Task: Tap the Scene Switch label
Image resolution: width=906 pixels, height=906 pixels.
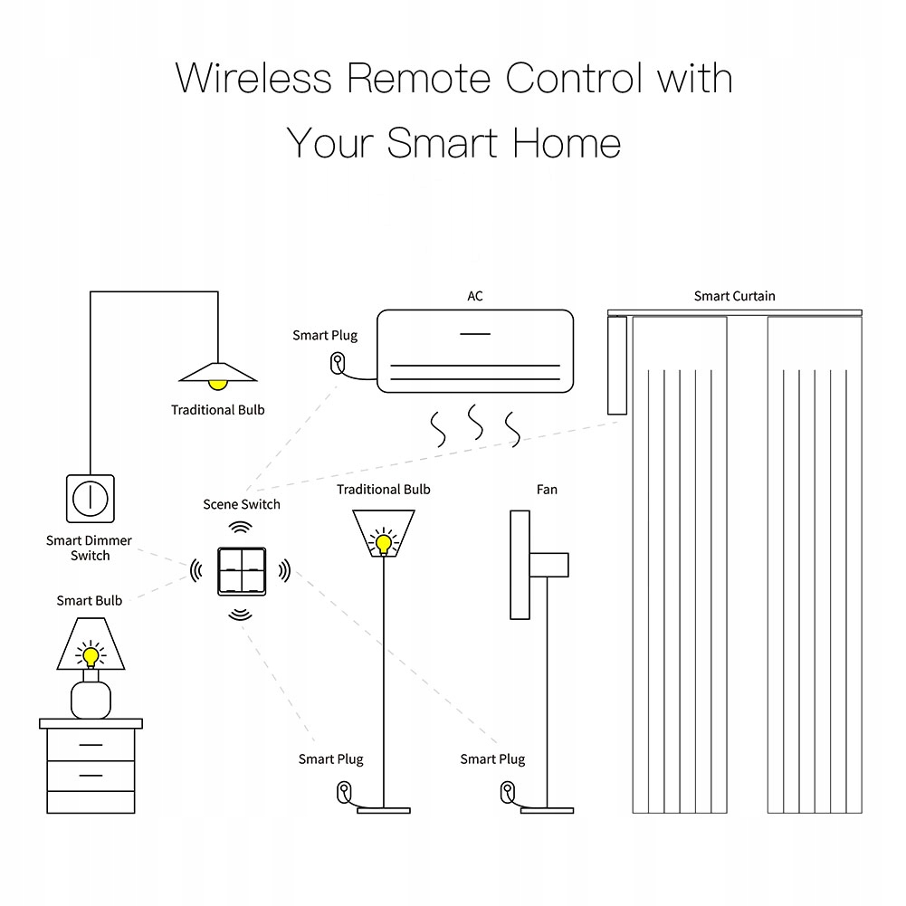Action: pyautogui.click(x=241, y=504)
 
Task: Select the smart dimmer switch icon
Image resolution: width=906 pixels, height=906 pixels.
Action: pyautogui.click(x=91, y=498)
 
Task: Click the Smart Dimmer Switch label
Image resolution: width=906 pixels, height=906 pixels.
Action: pyautogui.click(x=89, y=548)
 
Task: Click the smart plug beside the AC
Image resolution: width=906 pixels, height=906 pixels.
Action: pyautogui.click(x=337, y=363)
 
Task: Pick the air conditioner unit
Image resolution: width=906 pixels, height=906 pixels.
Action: pyautogui.click(x=475, y=351)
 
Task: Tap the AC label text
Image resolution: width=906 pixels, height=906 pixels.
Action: pyautogui.click(x=475, y=296)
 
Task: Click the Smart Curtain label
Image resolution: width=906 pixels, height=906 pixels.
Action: pyautogui.click(x=734, y=296)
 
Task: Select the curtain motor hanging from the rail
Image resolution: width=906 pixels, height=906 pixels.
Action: pyautogui.click(x=617, y=367)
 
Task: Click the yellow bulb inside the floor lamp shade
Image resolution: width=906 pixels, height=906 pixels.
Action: pyautogui.click(x=384, y=543)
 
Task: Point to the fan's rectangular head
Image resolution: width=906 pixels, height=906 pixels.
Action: pyautogui.click(x=520, y=565)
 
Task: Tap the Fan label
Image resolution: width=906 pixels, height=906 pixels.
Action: pyautogui.click(x=547, y=490)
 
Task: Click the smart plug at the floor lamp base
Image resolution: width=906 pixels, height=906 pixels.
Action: pyautogui.click(x=344, y=792)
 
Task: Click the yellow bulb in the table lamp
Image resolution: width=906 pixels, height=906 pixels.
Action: pyautogui.click(x=90, y=653)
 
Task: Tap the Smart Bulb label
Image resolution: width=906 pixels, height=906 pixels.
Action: pyautogui.click(x=89, y=600)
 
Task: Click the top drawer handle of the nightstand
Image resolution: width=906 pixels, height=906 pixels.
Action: pyautogui.click(x=91, y=745)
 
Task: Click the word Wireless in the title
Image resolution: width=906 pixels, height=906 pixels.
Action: pyautogui.click(x=253, y=79)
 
